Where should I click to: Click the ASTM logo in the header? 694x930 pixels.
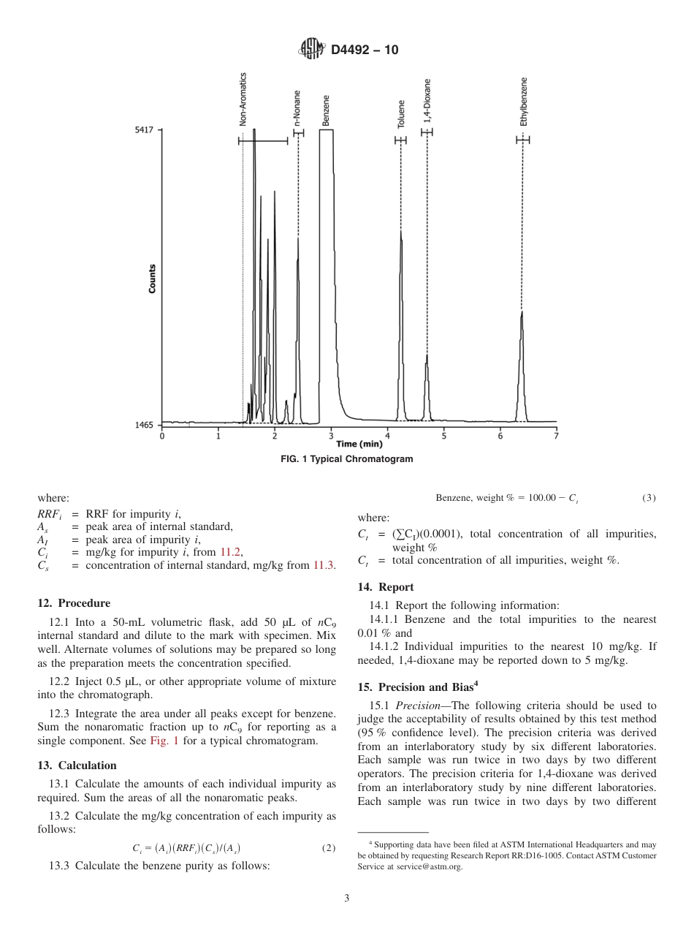[312, 50]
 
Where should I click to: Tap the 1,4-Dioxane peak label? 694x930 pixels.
[427, 100]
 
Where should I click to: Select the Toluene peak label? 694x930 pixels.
[401, 115]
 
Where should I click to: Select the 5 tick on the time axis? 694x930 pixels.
[443, 436]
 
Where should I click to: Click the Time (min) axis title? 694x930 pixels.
[359, 444]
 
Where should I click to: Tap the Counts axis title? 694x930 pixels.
[152, 279]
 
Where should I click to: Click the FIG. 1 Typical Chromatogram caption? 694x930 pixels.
[347, 459]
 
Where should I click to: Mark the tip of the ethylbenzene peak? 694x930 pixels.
[522, 311]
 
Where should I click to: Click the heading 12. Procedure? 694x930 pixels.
[74, 603]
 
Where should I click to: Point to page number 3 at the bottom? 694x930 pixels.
[347, 899]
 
